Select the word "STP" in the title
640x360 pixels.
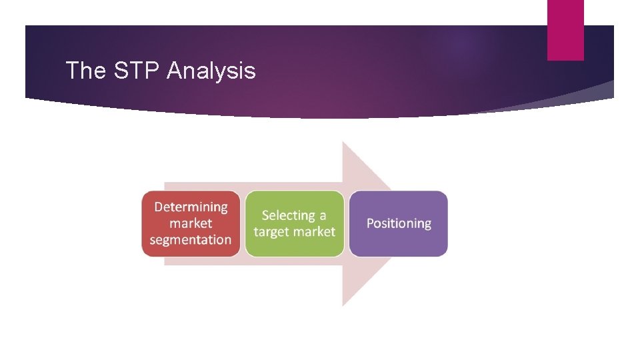137,70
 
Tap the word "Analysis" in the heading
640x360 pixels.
211,70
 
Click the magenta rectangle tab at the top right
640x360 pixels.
565,30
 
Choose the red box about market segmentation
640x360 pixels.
191,223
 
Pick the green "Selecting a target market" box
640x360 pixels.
294,223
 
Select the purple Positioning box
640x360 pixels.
399,223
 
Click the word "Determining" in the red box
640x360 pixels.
191,207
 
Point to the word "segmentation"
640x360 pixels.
191,239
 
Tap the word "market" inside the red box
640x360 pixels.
191,223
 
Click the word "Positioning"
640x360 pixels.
399,223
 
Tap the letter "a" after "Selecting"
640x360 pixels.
323,216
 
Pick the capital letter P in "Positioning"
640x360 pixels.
371,223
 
